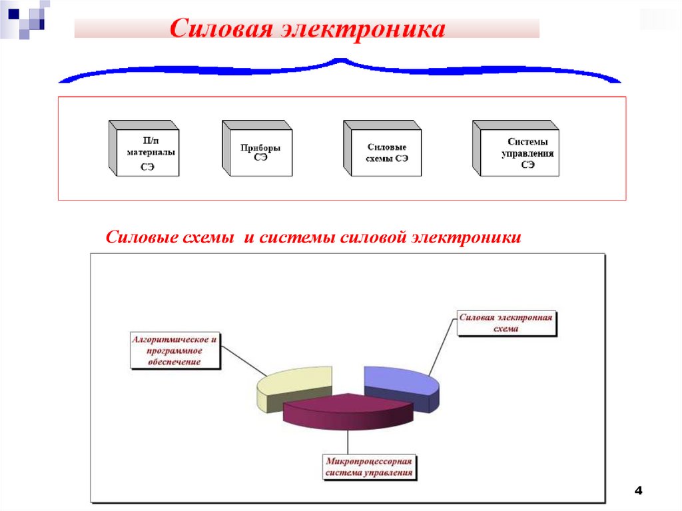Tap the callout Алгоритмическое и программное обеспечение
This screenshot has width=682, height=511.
tap(175, 350)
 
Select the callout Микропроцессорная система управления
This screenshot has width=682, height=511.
tap(370, 466)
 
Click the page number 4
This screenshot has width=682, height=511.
tap(638, 491)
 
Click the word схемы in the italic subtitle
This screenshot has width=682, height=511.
tap(204, 238)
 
